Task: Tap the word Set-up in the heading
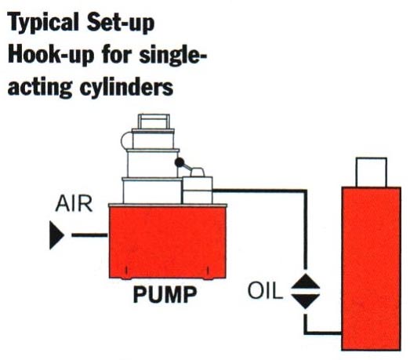click(x=121, y=24)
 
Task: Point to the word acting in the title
click(x=40, y=87)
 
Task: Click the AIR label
click(x=74, y=204)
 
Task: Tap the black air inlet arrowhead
click(x=56, y=235)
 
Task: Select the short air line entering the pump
click(x=89, y=235)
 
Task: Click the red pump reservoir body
click(x=168, y=242)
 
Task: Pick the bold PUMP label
click(x=165, y=295)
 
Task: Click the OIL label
click(x=265, y=291)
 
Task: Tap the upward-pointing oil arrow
click(x=306, y=282)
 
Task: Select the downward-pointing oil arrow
click(x=306, y=301)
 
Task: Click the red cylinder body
click(x=372, y=268)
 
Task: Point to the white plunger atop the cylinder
click(x=372, y=172)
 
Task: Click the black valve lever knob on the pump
click(x=180, y=162)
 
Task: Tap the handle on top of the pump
click(x=154, y=121)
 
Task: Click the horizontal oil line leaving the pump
click(x=259, y=191)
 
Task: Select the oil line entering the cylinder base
click(x=323, y=333)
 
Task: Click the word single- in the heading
click(x=173, y=56)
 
